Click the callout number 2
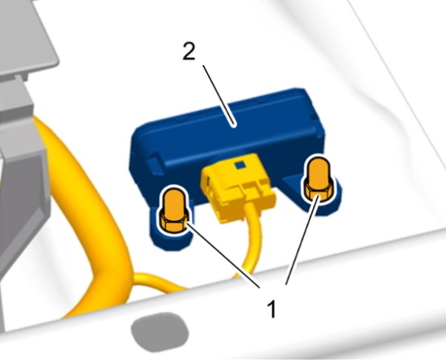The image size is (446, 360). (189, 52)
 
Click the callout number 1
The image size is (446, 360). (272, 309)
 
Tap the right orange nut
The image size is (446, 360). (318, 180)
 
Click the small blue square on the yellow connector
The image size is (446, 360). (239, 165)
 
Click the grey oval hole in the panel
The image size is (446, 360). (160, 332)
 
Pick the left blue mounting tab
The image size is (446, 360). (171, 232)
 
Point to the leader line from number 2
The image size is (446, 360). (218, 95)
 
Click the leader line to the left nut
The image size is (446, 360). (223, 255)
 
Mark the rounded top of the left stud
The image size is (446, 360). (173, 196)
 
